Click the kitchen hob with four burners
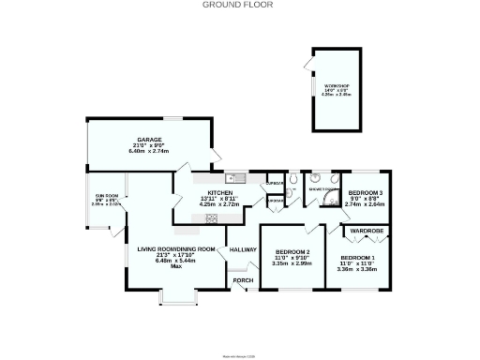212,218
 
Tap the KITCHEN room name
207,190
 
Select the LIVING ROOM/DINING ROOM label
170,248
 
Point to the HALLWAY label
243,249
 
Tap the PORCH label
243,280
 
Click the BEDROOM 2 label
292,252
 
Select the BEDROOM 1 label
357,257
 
